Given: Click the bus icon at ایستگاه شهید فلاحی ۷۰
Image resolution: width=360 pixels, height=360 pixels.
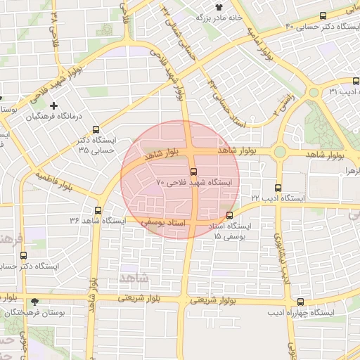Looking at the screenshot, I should pos(193,171).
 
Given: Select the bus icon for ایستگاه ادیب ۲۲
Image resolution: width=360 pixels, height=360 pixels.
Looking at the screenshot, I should pos(278,188).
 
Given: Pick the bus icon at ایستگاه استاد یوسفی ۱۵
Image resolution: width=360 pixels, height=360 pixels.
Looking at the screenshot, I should pos(229,215).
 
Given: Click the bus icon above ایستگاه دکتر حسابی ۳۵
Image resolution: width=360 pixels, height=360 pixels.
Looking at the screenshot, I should pos(96,129).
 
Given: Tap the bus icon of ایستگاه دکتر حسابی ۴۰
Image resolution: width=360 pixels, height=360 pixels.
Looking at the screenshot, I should pos(323,15).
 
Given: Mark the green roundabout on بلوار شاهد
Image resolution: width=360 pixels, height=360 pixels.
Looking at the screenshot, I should pos(280,151).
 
